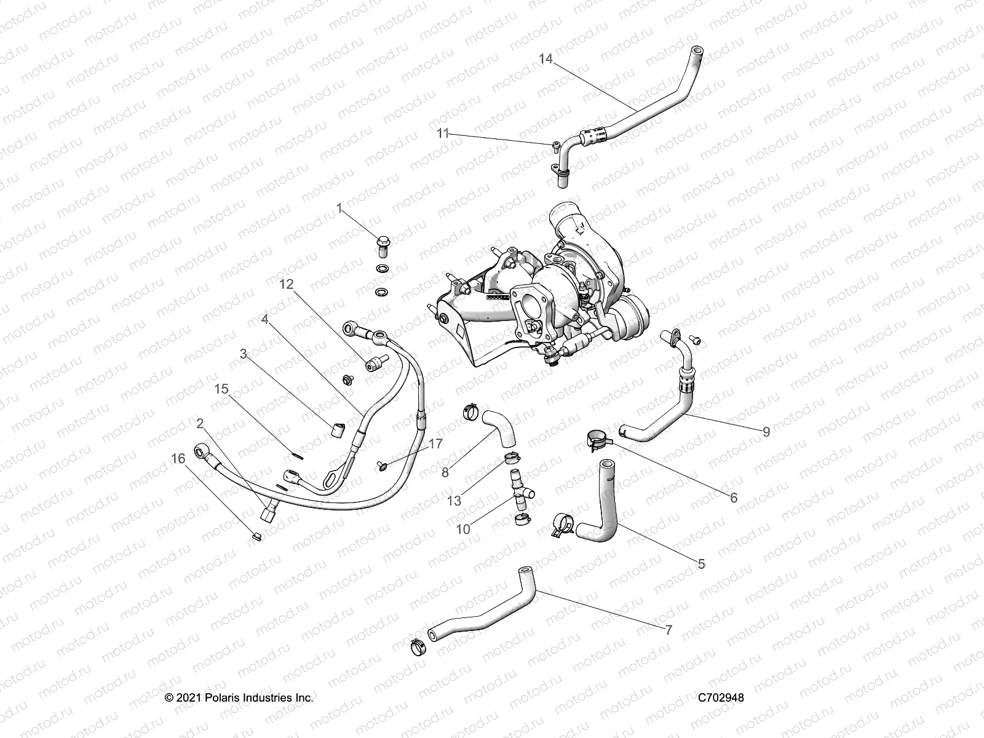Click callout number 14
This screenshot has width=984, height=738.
(x=546, y=59)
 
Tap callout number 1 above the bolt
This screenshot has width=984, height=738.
(x=339, y=209)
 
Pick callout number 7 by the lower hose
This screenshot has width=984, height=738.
(x=669, y=630)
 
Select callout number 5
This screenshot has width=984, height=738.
(x=702, y=564)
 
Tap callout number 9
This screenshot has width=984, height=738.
(x=766, y=432)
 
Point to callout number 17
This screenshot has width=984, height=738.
(x=435, y=443)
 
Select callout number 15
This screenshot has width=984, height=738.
(x=221, y=389)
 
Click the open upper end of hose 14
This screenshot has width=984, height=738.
(x=697, y=50)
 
